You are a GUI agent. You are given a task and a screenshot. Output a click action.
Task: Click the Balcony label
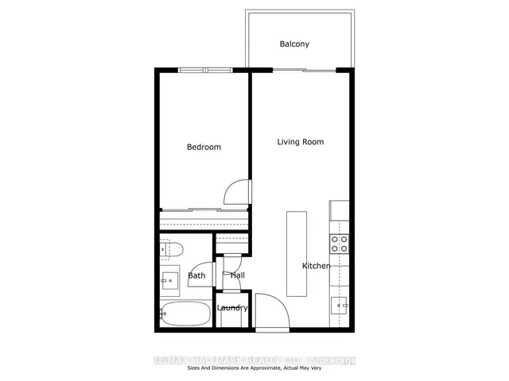(294, 44)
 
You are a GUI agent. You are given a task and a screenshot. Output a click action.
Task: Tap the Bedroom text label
(204, 147)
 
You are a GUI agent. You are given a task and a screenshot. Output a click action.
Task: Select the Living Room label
(301, 142)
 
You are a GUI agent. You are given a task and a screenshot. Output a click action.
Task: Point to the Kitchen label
(316, 266)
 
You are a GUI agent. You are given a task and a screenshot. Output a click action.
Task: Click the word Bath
(196, 276)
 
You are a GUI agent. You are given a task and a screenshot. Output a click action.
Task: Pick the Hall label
(237, 275)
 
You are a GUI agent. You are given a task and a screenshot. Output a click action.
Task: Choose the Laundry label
(233, 308)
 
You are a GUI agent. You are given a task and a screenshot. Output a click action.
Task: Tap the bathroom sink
(169, 279)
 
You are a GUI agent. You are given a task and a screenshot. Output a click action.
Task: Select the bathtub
(184, 314)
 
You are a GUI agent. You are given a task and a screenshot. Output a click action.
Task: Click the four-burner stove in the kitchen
(340, 244)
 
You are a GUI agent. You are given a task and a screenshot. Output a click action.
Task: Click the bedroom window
(204, 71)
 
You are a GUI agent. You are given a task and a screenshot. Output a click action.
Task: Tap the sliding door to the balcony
(302, 71)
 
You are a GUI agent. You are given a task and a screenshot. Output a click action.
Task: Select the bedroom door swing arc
(238, 191)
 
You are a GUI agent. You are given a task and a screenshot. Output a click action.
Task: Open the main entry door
(268, 314)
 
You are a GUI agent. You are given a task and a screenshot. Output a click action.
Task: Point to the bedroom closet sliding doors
(204, 210)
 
